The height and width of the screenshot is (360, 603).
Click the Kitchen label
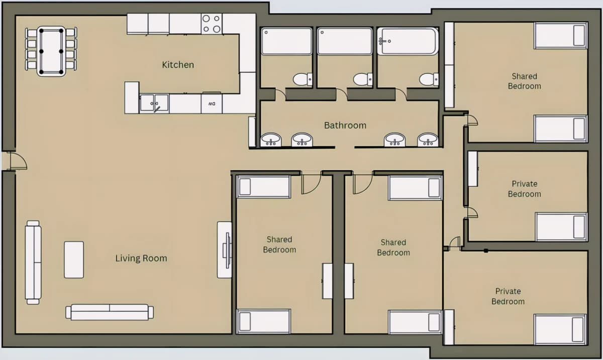coord(178,65)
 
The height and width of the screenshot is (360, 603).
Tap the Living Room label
coord(141,258)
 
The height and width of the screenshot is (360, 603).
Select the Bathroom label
coord(345,126)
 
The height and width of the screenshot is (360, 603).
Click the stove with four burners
coord(212,24)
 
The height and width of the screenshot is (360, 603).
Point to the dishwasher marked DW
coord(212,103)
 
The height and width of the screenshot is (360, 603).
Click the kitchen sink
coord(154,103)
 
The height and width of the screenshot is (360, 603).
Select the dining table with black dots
coord(51,51)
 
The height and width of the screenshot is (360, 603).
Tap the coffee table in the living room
coord(74,260)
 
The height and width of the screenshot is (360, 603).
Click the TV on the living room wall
coord(227,250)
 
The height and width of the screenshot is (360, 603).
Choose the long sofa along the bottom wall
coord(110,312)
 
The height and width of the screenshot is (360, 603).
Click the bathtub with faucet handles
coord(408,41)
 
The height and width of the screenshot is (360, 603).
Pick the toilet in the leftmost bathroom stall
coord(303,79)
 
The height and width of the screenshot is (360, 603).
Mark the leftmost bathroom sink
coord(271,140)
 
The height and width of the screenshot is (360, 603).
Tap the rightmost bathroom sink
coord(428,140)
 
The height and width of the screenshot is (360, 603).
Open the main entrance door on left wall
coord(18,161)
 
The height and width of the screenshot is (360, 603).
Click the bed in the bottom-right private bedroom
coord(560,329)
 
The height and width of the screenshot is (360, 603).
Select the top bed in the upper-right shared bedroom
coord(561,36)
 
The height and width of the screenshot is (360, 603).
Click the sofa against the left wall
coord(33,263)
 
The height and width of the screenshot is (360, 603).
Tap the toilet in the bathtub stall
coord(429,79)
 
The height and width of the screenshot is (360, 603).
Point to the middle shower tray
coord(345,41)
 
